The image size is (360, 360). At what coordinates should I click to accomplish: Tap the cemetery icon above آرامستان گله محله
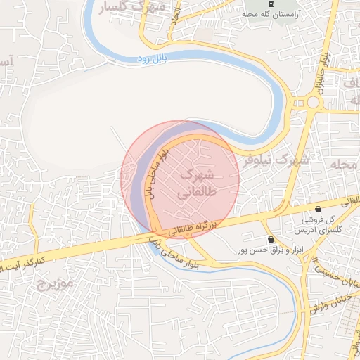click(x=271, y=4)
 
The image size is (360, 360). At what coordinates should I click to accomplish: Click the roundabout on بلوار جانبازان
click(x=313, y=103)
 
